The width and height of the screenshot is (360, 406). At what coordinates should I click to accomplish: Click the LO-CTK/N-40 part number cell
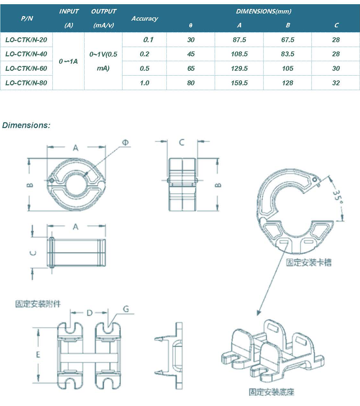pos(26,54)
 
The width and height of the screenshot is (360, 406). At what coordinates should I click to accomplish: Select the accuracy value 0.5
pos(144,69)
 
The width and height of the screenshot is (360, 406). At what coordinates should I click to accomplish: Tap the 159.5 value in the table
pos(239,83)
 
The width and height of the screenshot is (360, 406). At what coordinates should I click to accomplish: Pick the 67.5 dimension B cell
pos(287,40)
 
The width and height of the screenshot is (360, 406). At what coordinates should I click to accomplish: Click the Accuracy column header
pos(144,19)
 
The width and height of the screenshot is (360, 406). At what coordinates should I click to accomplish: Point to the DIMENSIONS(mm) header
pos(264,12)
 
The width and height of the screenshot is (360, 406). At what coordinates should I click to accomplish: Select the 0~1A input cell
pos(68,61)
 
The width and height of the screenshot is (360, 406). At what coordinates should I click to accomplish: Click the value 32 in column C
pos(336,83)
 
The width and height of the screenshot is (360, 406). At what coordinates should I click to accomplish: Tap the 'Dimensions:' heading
pos(26,125)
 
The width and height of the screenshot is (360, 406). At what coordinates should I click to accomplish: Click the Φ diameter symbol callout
pos(125,143)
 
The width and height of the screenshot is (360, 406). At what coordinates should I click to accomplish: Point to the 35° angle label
pos(337,196)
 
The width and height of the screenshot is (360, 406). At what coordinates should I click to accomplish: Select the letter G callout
pos(126,309)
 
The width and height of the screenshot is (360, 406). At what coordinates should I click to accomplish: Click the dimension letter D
pos(89,313)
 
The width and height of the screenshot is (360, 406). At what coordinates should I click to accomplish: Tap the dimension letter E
pos(38,355)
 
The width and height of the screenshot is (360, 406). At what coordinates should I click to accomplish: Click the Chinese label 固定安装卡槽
pos(309,263)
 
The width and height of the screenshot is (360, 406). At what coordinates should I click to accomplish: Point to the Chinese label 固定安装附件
pos(38,304)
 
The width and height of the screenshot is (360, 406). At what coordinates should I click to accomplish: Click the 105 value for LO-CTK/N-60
pos(287,69)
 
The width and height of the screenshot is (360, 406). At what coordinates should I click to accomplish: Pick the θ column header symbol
pos(191,25)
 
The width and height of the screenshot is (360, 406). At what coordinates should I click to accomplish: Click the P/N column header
pos(27,18)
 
